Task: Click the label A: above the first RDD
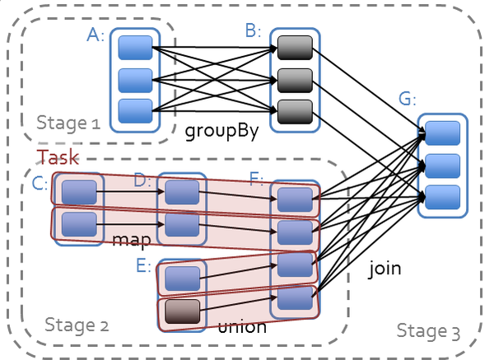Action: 96,34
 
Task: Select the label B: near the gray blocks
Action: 253,31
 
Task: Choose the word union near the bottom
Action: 242,327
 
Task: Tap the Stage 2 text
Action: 76,324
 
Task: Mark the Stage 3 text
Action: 428,330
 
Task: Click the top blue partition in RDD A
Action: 136,47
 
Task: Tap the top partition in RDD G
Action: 442,133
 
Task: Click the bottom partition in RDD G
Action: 442,197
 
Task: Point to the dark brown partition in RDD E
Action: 182,311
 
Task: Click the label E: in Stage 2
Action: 143,266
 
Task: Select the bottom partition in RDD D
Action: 182,224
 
